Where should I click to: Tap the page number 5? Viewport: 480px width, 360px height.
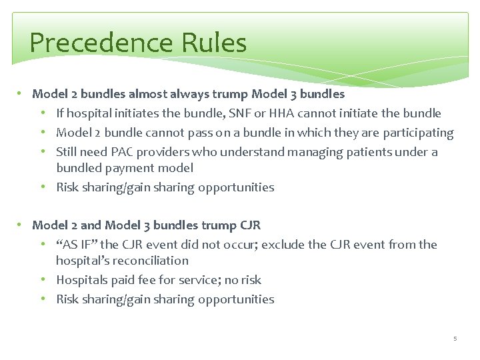point(455,339)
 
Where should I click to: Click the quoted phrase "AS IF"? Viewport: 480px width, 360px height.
point(78,245)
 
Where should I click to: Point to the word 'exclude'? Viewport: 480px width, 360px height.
point(285,245)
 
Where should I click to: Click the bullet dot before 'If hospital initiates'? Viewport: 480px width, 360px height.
point(47,113)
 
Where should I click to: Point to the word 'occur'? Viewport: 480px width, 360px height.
point(239,245)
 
